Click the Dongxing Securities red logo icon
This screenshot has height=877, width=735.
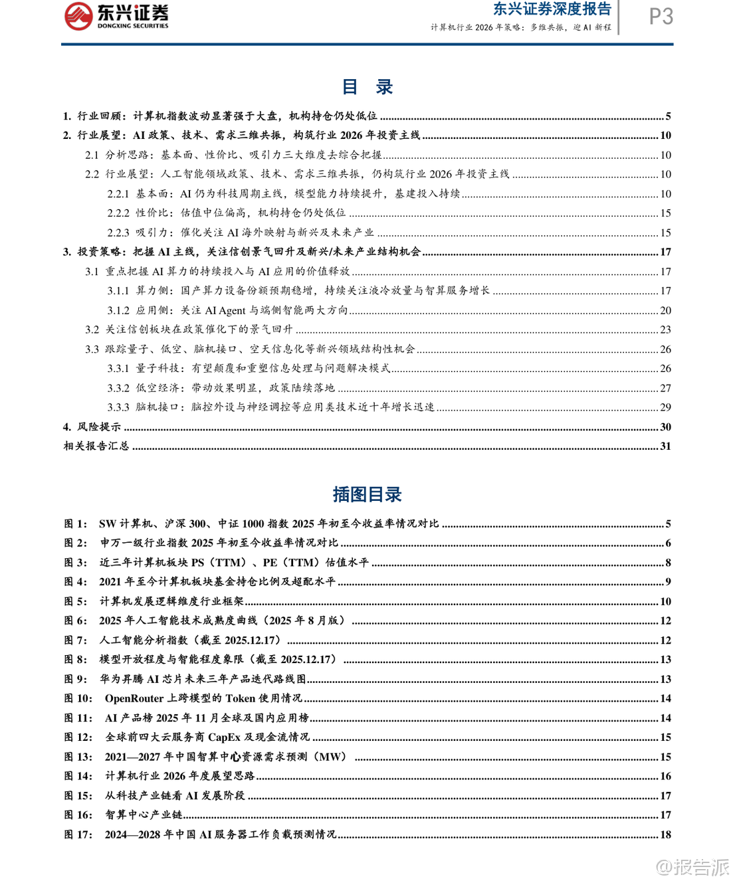tap(78, 16)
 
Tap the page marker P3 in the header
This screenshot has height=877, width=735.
tap(661, 17)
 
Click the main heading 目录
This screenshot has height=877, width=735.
tap(367, 87)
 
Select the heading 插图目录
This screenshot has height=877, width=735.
tap(367, 494)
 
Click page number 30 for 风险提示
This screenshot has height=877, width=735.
tap(665, 427)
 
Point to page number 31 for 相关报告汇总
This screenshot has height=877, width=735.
tap(665, 446)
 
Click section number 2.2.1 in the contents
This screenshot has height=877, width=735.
tap(118, 193)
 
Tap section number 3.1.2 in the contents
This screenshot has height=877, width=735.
tap(118, 310)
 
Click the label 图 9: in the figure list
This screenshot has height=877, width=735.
tap(76, 679)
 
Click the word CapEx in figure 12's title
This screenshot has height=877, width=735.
tap(224, 737)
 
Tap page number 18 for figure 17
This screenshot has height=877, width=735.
tap(665, 834)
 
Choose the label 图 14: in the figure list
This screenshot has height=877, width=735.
tap(78, 776)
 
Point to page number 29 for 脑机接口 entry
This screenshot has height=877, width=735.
tap(665, 407)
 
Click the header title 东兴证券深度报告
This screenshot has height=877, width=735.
tap(552, 9)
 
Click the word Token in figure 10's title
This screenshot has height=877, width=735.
tap(240, 698)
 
